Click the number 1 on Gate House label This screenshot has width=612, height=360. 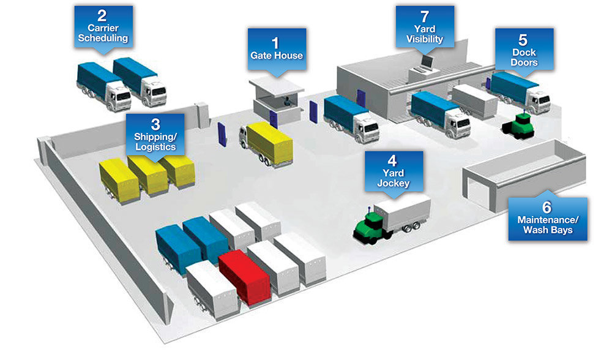pyautogui.click(x=275, y=43)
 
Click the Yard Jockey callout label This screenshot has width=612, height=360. pyautogui.click(x=392, y=173)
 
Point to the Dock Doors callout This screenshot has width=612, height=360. pyautogui.click(x=524, y=49)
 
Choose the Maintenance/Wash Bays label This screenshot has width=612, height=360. pyautogui.click(x=547, y=219)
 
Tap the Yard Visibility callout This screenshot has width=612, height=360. pyautogui.click(x=424, y=26)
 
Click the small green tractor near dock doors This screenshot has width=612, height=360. pyautogui.click(x=518, y=125)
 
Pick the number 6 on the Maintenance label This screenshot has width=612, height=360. pyautogui.click(x=547, y=208)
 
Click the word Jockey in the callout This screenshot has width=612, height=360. pyautogui.click(x=392, y=182)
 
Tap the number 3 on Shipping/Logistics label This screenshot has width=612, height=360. pyautogui.click(x=155, y=122)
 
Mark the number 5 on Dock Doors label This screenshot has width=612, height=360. pyautogui.click(x=523, y=40)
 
